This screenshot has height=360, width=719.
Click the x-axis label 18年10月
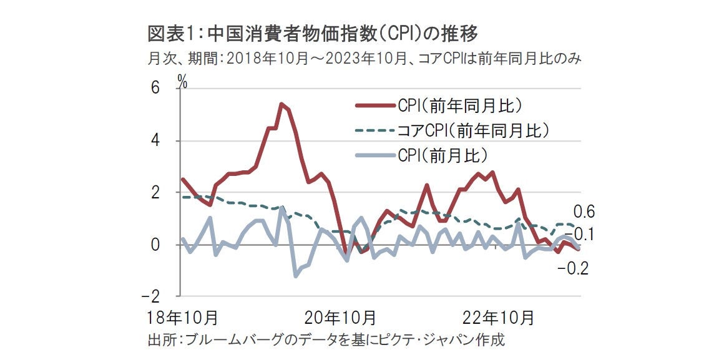tap(183, 318)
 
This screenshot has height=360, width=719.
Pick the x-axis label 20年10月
tap(340, 318)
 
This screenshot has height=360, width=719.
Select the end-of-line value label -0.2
tap(574, 269)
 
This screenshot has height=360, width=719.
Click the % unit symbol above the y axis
tap(182, 80)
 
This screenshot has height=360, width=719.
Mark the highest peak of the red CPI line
tap(281, 104)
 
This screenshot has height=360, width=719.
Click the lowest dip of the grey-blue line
tap(295, 276)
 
